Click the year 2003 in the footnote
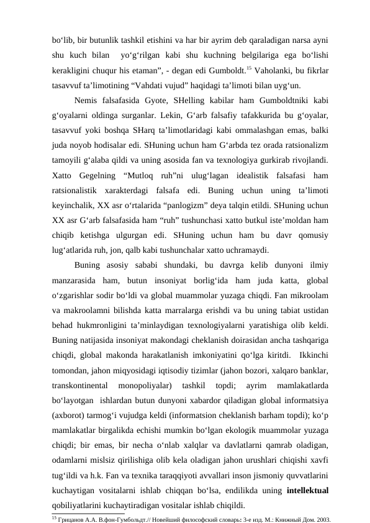320,517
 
